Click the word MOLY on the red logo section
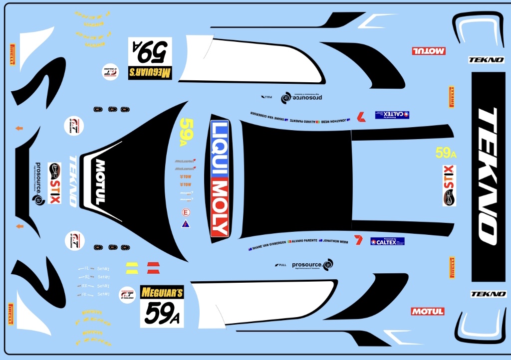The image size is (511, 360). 220,208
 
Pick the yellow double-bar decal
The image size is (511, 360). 132,267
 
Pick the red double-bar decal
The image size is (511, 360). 153,267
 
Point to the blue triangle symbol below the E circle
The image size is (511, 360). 185,224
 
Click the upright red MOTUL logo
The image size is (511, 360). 428,311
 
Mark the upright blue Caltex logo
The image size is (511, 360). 387,241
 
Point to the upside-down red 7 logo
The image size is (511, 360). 361,117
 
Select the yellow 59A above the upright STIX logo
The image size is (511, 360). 446,153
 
